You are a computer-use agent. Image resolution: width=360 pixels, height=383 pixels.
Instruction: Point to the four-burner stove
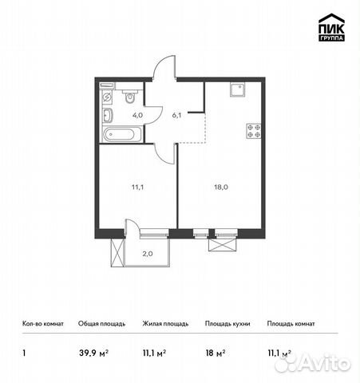[x=254, y=131]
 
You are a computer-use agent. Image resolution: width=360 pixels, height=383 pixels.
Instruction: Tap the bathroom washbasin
[x=107, y=116]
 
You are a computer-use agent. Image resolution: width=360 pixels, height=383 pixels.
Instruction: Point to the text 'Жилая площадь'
[x=166, y=324]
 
